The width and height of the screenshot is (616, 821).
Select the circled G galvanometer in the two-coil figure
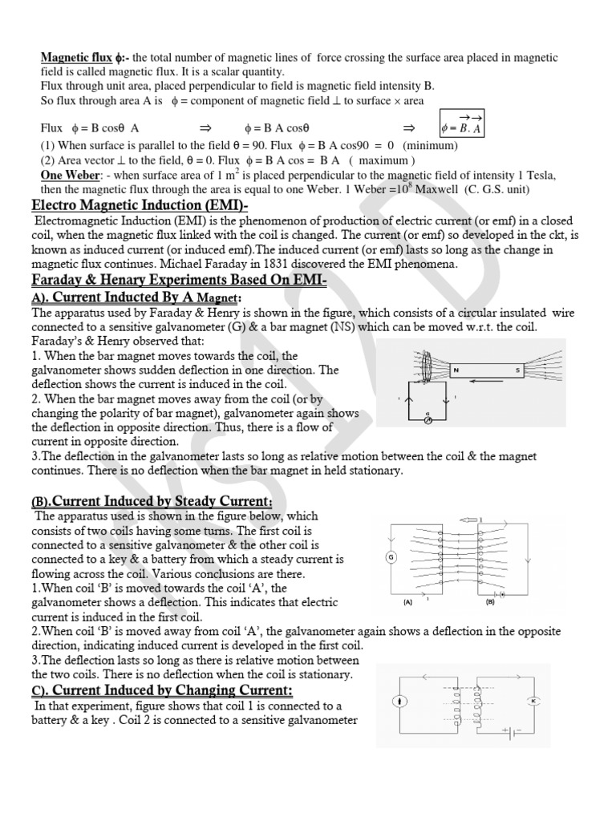point(392,558)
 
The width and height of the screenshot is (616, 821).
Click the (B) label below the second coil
point(490,601)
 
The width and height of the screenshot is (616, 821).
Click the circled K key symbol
point(532,702)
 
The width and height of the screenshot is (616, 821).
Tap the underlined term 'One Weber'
point(68,176)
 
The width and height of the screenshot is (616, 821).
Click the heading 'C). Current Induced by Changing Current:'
point(161,690)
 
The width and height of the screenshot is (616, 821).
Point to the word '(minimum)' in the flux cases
point(430,146)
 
